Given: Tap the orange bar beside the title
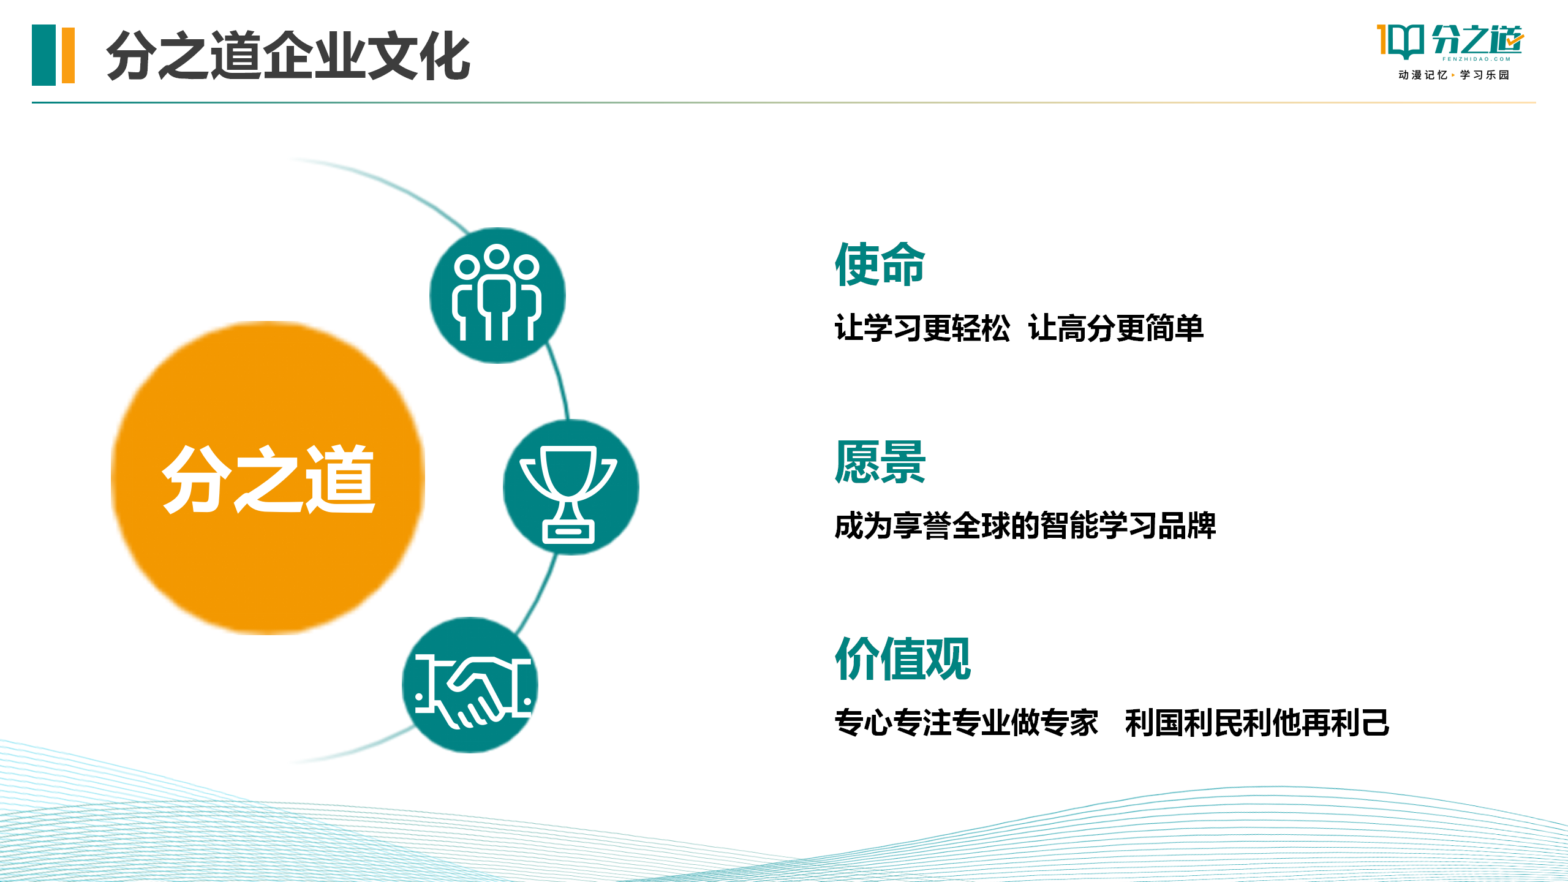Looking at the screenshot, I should tap(68, 55).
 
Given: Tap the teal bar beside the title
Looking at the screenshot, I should tap(43, 55).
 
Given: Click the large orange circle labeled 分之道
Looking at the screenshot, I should tap(268, 478).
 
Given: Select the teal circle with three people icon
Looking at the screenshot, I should tap(497, 295).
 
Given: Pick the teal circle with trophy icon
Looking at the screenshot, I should tap(571, 488).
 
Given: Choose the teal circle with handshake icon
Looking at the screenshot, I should tap(470, 685).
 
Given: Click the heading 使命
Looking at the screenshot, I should tap(880, 264).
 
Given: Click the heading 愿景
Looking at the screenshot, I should tap(880, 462).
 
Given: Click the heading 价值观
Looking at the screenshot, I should tap(903, 659).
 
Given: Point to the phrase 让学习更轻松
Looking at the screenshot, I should tap(922, 328).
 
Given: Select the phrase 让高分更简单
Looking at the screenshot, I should tap(1116, 328).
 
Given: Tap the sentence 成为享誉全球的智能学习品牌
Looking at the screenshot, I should tap(1025, 526).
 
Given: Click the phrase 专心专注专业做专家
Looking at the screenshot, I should tap(966, 723).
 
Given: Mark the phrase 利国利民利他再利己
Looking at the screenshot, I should tap(1257, 723).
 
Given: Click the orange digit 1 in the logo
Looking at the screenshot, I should tap(1382, 39).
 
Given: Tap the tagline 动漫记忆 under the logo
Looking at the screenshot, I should tap(1422, 75).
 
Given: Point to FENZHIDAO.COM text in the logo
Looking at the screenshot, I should tap(1476, 59).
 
